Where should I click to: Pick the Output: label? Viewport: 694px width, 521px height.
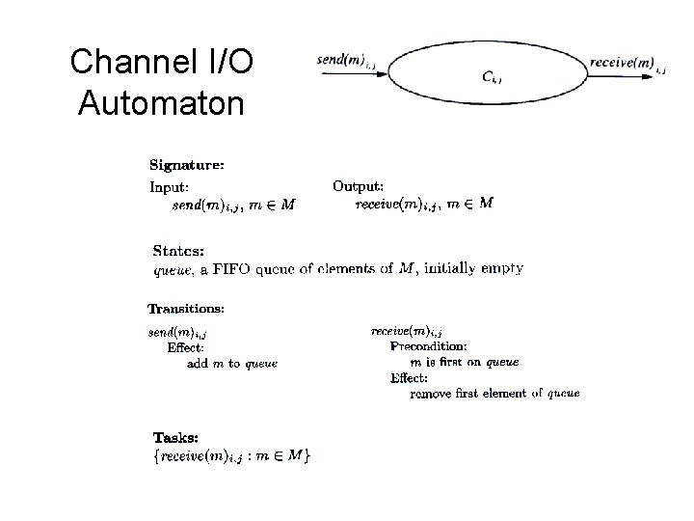[x=359, y=185]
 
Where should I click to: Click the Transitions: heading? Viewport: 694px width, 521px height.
[x=186, y=310]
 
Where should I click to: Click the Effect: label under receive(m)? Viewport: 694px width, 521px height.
[x=409, y=377]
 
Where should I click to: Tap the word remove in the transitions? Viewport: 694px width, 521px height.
[x=432, y=393]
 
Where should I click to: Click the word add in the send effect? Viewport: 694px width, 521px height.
[x=198, y=364]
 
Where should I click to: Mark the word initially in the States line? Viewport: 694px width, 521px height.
[x=447, y=268]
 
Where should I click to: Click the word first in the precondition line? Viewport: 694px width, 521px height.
[x=466, y=362]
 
